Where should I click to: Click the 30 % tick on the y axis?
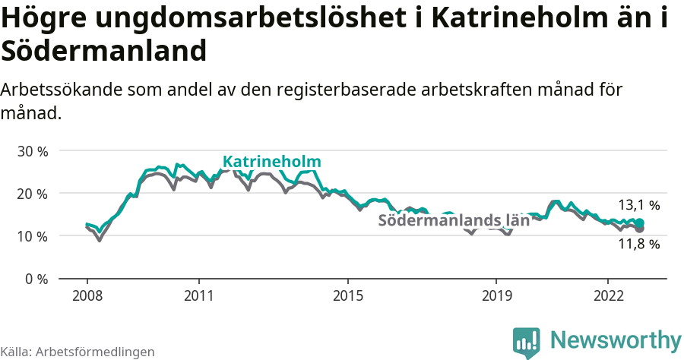click(33, 151)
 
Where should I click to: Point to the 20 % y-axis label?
click(33, 194)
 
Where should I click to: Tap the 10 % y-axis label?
click(33, 236)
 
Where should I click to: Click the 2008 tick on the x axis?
click(87, 295)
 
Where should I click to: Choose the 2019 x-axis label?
click(496, 295)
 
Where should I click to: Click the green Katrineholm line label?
click(271, 162)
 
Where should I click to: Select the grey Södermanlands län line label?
click(453, 221)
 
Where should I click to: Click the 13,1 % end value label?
click(638, 205)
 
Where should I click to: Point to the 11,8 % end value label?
click(638, 245)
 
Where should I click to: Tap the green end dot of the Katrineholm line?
click(640, 223)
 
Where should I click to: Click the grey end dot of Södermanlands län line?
click(640, 229)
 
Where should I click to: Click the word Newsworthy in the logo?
click(616, 339)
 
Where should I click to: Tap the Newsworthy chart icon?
click(527, 342)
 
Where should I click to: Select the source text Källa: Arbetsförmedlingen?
click(78, 352)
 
